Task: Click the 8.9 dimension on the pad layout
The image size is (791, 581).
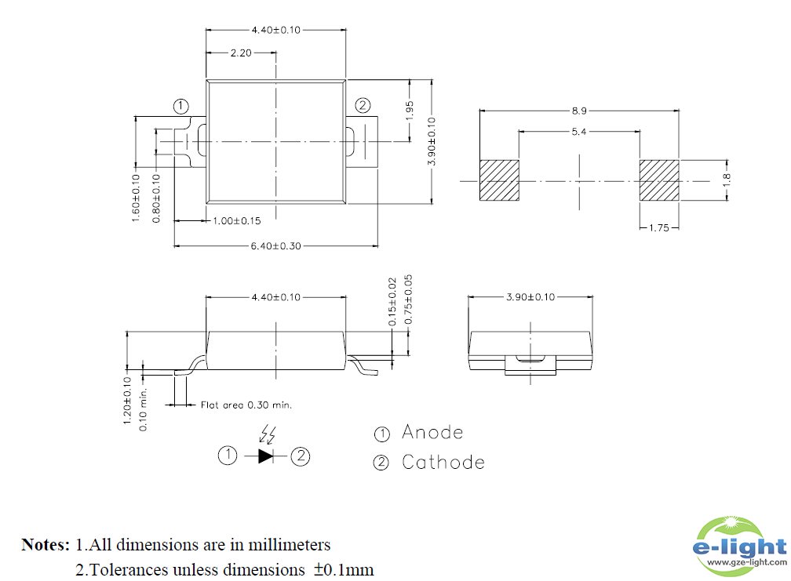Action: pos(578,111)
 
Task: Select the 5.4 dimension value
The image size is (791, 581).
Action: pos(578,132)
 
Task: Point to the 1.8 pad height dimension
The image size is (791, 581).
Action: pos(726,180)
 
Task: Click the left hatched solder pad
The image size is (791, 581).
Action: pos(499,180)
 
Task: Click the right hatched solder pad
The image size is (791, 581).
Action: pos(658,180)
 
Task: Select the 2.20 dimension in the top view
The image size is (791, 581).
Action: pos(241,53)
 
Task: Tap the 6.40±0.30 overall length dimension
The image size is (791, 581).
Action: pos(275,245)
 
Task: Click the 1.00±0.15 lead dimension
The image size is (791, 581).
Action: pos(237,222)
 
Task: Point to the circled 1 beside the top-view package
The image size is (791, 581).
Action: pos(180,106)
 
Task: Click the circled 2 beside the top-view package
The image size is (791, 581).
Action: pos(362,106)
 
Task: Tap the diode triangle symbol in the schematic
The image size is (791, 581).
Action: pos(265,456)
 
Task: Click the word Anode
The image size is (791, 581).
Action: pos(432,432)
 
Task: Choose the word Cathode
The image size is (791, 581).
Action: pos(443,462)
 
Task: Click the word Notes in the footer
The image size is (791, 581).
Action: pos(46,544)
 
